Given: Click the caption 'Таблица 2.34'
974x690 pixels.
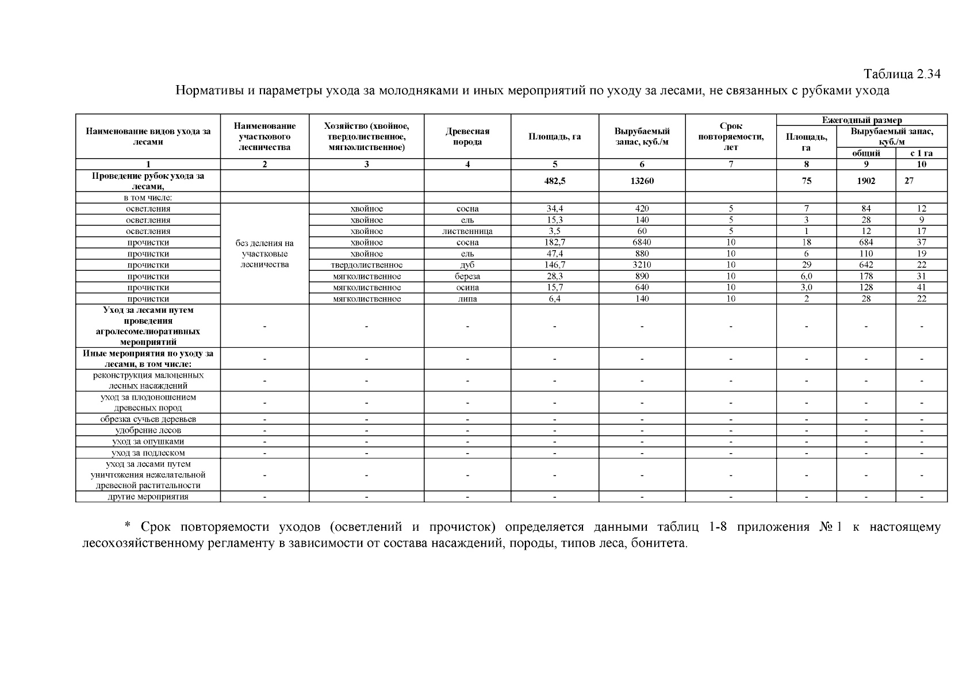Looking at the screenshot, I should click(902, 74).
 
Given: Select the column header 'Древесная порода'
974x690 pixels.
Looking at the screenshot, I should click(467, 137).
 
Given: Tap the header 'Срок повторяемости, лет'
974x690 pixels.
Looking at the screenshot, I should click(730, 137).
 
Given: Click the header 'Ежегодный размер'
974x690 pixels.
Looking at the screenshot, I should click(861, 120).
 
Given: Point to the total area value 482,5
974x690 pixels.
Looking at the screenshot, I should click(554, 181).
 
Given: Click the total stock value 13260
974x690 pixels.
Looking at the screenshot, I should click(642, 181).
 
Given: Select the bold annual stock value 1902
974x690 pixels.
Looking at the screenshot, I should click(865, 181).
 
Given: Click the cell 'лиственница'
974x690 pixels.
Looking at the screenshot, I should click(467, 231).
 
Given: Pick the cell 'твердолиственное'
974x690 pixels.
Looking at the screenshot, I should click(366, 265).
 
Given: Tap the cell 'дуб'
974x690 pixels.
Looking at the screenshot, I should click(467, 265).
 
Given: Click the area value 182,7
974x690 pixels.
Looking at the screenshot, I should click(554, 243).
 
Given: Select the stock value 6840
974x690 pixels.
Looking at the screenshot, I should click(642, 243).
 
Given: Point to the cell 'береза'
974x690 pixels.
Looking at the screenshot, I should click(467, 277).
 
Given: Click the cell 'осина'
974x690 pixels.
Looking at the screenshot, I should click(467, 287).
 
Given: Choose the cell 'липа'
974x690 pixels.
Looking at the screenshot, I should click(467, 299).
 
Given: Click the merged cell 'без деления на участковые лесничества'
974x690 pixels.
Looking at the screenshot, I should click(264, 254).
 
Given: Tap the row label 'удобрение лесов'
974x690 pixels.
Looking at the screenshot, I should click(148, 430).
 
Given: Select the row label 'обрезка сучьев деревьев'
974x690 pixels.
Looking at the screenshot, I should click(148, 419).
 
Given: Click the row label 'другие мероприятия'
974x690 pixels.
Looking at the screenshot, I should click(148, 497).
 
